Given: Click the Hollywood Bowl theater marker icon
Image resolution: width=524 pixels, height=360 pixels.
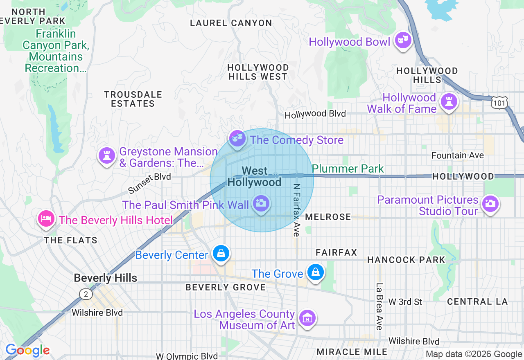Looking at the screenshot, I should (x=403, y=40).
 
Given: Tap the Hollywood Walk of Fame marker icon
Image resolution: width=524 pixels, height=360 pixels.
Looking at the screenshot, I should (x=449, y=101).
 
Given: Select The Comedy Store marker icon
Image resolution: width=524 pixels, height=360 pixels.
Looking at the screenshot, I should (x=237, y=138).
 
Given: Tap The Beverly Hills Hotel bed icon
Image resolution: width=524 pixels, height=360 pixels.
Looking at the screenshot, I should (x=46, y=218).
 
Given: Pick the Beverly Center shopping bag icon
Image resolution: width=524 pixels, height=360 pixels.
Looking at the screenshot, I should (x=221, y=254).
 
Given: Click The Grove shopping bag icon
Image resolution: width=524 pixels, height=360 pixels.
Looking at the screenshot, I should (x=315, y=272).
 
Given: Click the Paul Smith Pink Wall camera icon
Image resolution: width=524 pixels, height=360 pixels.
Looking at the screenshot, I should (x=261, y=203).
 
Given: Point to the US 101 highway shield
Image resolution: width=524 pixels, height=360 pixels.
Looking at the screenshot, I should (x=500, y=103).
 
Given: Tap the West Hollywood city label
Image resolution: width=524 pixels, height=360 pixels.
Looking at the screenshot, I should (x=254, y=176).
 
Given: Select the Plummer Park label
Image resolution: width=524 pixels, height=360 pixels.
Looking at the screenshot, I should (x=348, y=169).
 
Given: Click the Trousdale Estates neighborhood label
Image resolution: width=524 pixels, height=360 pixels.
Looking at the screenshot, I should (x=133, y=99).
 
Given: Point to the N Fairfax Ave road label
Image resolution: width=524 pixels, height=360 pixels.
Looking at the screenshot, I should (x=296, y=209).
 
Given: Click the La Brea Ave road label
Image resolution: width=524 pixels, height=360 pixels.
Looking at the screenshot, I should (x=379, y=306).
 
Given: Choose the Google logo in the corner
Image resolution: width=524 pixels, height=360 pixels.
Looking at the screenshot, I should (x=27, y=351).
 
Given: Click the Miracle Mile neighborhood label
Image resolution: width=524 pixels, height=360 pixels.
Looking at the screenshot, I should (x=352, y=352).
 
